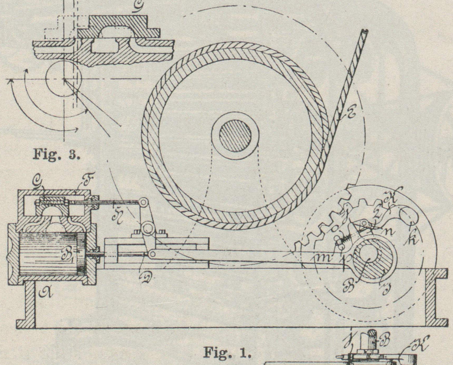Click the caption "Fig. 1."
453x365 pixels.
click(x=227, y=352)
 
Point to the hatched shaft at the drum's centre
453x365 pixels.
click(x=235, y=136)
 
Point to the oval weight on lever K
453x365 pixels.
click(x=408, y=214)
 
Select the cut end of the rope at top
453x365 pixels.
click(x=364, y=32)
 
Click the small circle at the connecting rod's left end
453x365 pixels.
click(x=152, y=253)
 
